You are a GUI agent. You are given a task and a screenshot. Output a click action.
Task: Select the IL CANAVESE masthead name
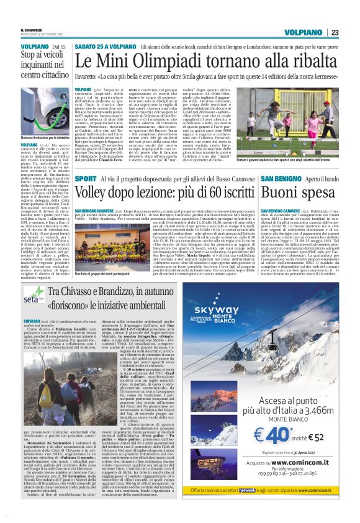(x=30, y=30)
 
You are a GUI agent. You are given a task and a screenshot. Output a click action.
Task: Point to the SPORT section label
(x=85, y=179)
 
